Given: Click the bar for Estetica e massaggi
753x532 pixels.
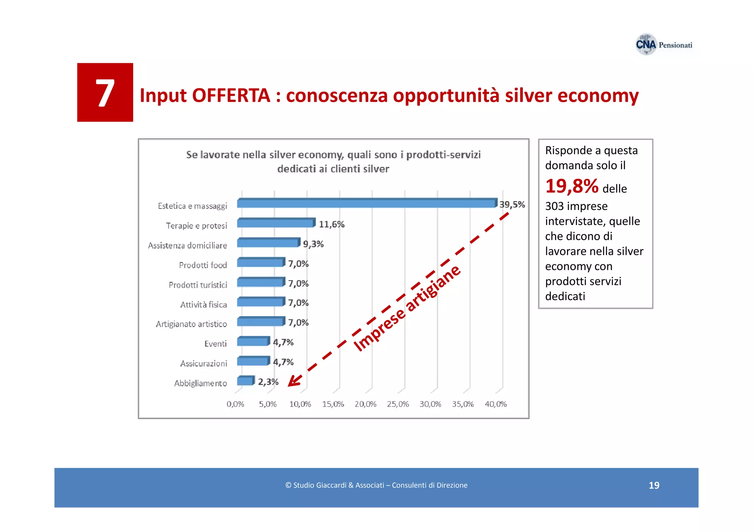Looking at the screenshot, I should (366, 203).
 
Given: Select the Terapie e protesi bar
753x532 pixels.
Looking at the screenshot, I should (276, 223).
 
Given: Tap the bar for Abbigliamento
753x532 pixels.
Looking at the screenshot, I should (245, 381).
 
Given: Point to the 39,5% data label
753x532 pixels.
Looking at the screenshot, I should (512, 204).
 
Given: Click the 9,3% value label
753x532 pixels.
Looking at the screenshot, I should (313, 244).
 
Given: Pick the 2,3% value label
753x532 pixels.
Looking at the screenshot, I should (268, 382).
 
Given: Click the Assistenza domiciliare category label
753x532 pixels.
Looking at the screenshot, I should (188, 246).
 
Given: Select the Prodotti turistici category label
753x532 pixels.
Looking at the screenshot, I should (198, 285).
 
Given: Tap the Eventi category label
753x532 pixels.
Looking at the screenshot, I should (215, 344).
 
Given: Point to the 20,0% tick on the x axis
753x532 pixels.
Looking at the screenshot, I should (365, 404).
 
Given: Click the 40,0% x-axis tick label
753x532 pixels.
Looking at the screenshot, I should (496, 404).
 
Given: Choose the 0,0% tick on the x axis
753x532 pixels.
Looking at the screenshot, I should (235, 404).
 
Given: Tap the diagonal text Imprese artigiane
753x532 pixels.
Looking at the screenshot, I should (407, 308).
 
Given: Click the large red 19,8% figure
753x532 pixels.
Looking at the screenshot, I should (572, 186).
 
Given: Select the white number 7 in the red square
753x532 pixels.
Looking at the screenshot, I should (105, 93).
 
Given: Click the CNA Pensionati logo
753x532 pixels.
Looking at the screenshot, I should (664, 45).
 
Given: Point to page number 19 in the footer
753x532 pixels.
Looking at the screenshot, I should (654, 485).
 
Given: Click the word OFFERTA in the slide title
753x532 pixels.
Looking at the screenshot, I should (231, 96).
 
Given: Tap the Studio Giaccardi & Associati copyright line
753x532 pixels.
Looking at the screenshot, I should (376, 485).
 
